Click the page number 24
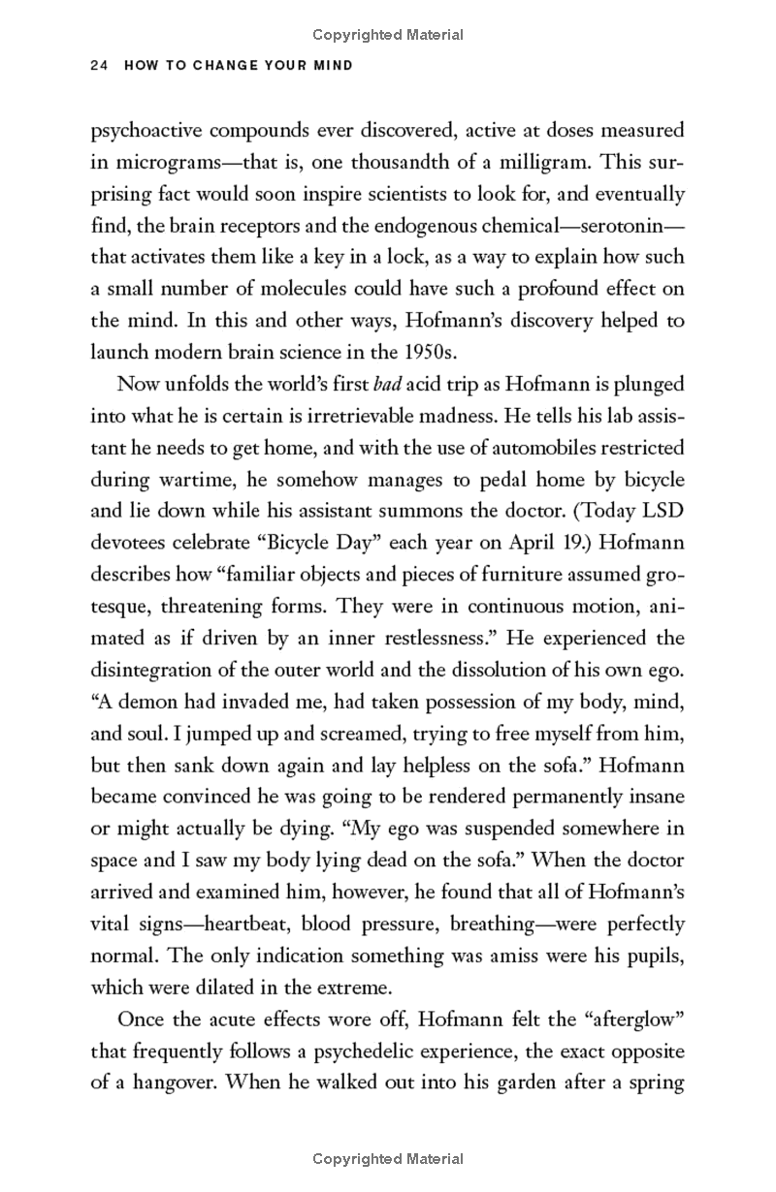96,66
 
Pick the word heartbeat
244,924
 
